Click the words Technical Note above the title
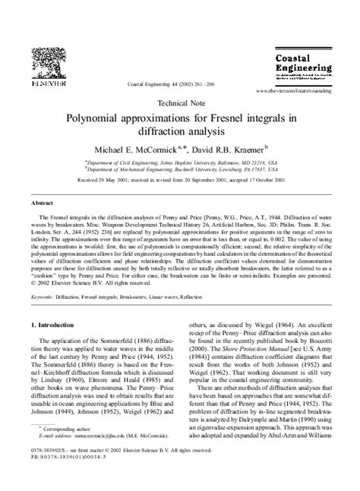[x=180, y=101]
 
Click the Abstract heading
[x=41, y=204]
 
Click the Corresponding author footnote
[x=65, y=450]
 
